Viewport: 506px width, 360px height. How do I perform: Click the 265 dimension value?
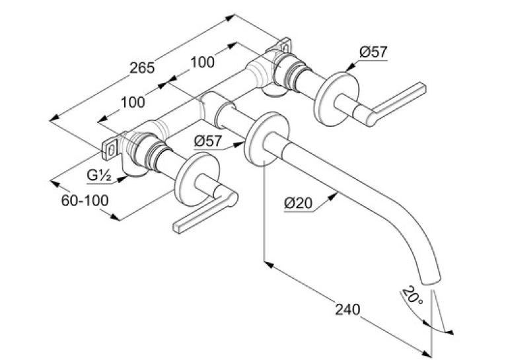pos(142,68)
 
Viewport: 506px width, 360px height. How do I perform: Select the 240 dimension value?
pos(347,309)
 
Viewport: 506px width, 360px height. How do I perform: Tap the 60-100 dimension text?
pos(85,201)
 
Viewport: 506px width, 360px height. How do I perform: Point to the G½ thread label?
pos(99,176)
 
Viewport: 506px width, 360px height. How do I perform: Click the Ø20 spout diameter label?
pos(299,203)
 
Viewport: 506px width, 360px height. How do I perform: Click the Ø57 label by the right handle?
pos(373,52)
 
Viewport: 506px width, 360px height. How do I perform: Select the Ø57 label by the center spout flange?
pos(208,141)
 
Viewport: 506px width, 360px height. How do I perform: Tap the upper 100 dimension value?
pos(202,62)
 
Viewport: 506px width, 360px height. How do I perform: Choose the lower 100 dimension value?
pos(133,102)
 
